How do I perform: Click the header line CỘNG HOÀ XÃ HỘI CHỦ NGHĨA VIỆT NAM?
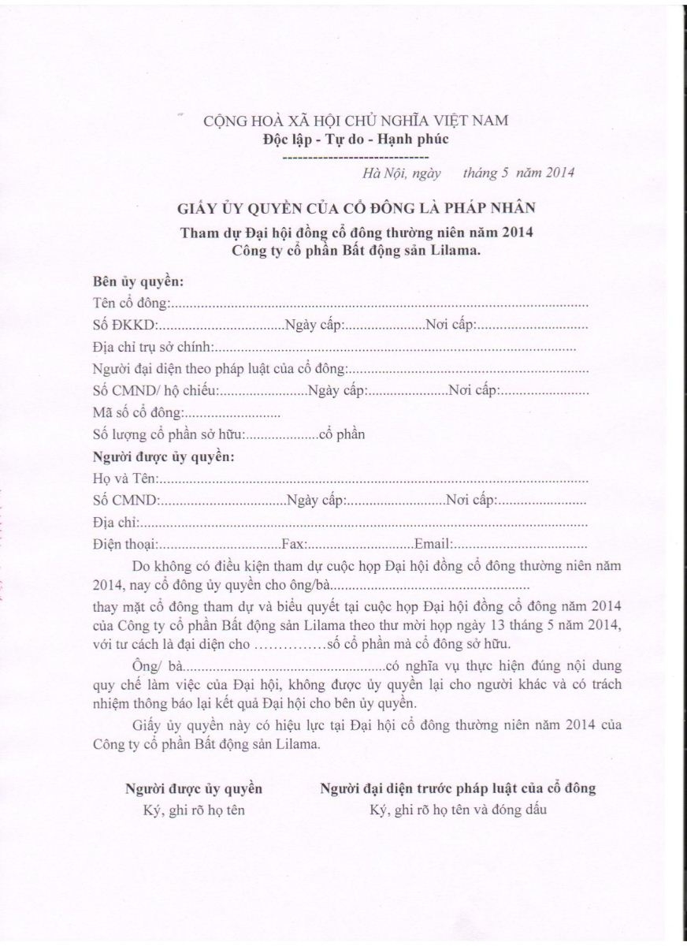[x=355, y=121]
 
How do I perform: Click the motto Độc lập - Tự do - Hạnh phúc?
[x=355, y=140]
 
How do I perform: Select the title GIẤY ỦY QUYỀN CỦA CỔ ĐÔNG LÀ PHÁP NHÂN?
[x=355, y=208]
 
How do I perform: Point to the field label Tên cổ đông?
[x=131, y=303]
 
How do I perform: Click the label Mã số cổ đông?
[x=138, y=412]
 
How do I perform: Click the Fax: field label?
[x=294, y=544]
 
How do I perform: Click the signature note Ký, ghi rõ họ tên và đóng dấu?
[x=458, y=810]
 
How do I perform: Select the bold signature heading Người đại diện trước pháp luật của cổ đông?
[x=458, y=788]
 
